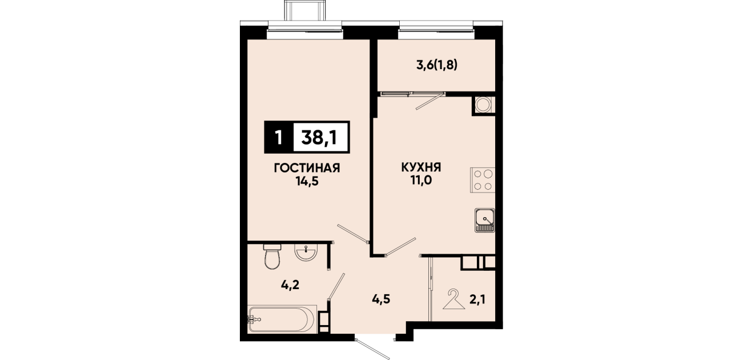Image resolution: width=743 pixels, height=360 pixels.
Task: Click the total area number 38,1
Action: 319,137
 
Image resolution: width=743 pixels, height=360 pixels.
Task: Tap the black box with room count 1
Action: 279,137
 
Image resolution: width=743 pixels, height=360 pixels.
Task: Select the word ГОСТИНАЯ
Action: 307,168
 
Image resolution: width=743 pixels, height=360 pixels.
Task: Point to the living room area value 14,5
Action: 307,182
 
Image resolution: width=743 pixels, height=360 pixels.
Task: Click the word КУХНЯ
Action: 421,167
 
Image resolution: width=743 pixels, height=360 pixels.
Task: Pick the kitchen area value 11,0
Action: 421,181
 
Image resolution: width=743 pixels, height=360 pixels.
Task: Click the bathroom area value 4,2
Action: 290,285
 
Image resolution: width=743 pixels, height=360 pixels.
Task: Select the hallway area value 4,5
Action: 381,299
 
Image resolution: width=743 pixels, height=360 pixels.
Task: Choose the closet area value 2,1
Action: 477,299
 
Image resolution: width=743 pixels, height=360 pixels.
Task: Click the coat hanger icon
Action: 454,299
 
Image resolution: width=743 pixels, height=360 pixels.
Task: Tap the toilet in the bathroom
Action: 272,257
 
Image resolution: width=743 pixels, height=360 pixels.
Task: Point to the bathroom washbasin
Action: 306,253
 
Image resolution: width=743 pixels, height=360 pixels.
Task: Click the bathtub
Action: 282,319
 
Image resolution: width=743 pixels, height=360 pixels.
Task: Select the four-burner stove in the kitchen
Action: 483,180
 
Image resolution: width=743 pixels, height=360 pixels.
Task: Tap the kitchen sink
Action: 485,220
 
